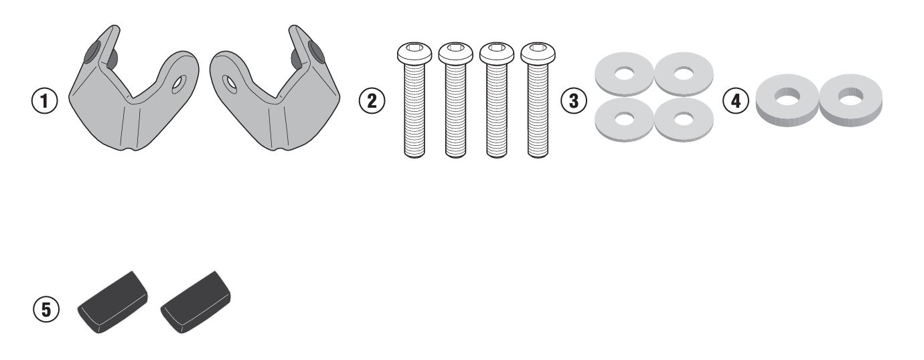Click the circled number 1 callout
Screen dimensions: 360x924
click(x=45, y=102)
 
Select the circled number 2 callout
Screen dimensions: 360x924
click(x=372, y=102)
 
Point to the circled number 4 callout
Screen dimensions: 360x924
click(x=737, y=102)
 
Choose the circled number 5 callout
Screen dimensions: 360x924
click(x=46, y=309)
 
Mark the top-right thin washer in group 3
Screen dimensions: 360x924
click(x=684, y=74)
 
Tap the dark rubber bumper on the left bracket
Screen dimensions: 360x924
click(x=92, y=52)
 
